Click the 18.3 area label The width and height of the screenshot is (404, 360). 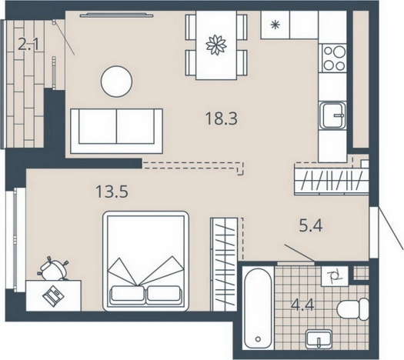(x=222, y=118)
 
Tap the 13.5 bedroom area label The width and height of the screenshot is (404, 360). (x=112, y=192)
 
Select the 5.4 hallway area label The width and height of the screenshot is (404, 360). (x=311, y=226)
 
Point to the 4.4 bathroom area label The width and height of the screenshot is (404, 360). (x=302, y=305)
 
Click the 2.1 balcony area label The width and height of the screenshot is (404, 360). (x=28, y=44)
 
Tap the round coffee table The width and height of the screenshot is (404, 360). (x=116, y=82)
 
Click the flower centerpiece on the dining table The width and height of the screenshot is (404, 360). (x=216, y=45)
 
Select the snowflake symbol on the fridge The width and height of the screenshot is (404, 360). (x=275, y=25)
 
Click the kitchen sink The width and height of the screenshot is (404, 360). (x=332, y=115)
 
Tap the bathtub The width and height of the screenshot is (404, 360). (x=258, y=308)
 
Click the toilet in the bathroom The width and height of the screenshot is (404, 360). (x=353, y=309)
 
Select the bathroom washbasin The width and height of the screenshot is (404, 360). (x=319, y=339)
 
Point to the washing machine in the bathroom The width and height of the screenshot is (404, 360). (x=335, y=276)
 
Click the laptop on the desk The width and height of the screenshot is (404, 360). (x=53, y=295)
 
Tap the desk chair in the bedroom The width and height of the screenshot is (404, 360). (x=54, y=269)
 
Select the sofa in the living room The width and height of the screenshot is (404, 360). (x=116, y=132)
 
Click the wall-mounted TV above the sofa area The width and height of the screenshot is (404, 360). (x=116, y=15)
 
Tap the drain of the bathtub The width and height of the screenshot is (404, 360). (x=258, y=339)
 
